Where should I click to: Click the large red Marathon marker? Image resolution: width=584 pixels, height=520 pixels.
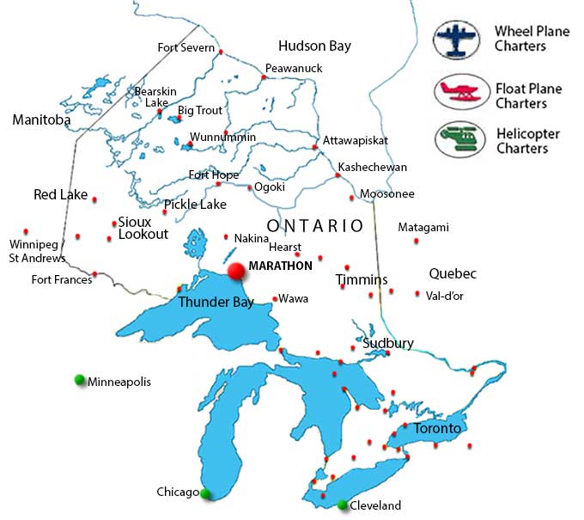point(236,271)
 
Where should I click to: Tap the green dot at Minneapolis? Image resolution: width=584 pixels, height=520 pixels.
point(80,380)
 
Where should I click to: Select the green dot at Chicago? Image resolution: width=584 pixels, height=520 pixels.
point(205,492)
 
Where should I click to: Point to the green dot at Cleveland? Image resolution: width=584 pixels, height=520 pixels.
point(343,505)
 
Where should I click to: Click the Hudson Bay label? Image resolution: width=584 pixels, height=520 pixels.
point(314,46)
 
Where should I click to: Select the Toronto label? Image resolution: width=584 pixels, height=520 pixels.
point(437,428)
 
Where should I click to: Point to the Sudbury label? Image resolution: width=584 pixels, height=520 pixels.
point(388,343)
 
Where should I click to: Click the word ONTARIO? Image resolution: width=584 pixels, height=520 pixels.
point(314,226)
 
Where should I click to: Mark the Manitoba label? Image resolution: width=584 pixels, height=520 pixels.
point(41,120)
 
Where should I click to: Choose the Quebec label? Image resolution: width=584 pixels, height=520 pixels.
point(453,274)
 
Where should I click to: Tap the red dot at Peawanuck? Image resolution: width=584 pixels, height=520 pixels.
point(264,77)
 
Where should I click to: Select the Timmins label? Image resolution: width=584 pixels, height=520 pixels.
point(362,280)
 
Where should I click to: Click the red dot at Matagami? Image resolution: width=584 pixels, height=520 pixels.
point(417,241)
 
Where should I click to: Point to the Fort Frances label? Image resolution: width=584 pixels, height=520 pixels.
point(61,279)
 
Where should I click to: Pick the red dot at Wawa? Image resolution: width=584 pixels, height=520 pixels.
point(274,299)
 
